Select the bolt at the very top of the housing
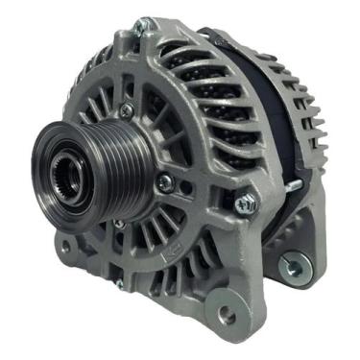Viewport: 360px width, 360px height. point(143,23)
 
